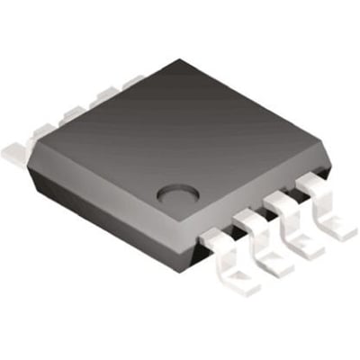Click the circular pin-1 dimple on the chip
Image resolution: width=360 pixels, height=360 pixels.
pos(173,193)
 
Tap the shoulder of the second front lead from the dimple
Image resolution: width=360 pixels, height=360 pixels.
pos(249,218)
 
